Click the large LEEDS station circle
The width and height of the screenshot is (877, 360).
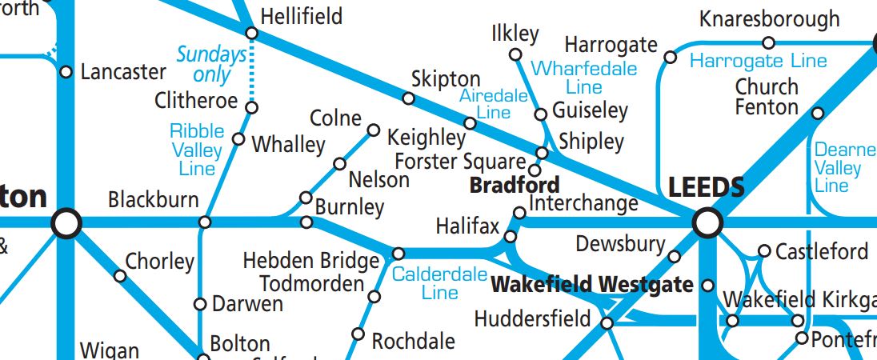[x=707, y=222]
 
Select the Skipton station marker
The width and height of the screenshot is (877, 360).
[x=409, y=98]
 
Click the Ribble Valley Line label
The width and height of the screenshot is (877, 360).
[x=197, y=150]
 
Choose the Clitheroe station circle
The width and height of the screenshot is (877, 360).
[x=251, y=107]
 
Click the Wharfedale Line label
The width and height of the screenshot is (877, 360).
[x=584, y=78]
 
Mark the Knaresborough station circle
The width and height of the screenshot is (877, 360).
[x=768, y=42]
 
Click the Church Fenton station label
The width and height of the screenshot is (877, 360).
[x=767, y=97]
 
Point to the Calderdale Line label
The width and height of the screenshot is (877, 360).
[x=439, y=282]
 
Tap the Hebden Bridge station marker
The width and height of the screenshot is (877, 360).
[x=398, y=254]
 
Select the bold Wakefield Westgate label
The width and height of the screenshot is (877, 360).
[x=591, y=285]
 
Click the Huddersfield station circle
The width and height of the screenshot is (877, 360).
[x=607, y=323]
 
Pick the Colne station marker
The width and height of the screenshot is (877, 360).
[x=373, y=130]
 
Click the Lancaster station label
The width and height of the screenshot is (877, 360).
[x=123, y=72]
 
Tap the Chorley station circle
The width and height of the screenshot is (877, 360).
[x=120, y=276]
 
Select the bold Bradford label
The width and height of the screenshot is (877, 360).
[x=514, y=186]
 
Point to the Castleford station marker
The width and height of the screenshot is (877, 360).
[x=764, y=251]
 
